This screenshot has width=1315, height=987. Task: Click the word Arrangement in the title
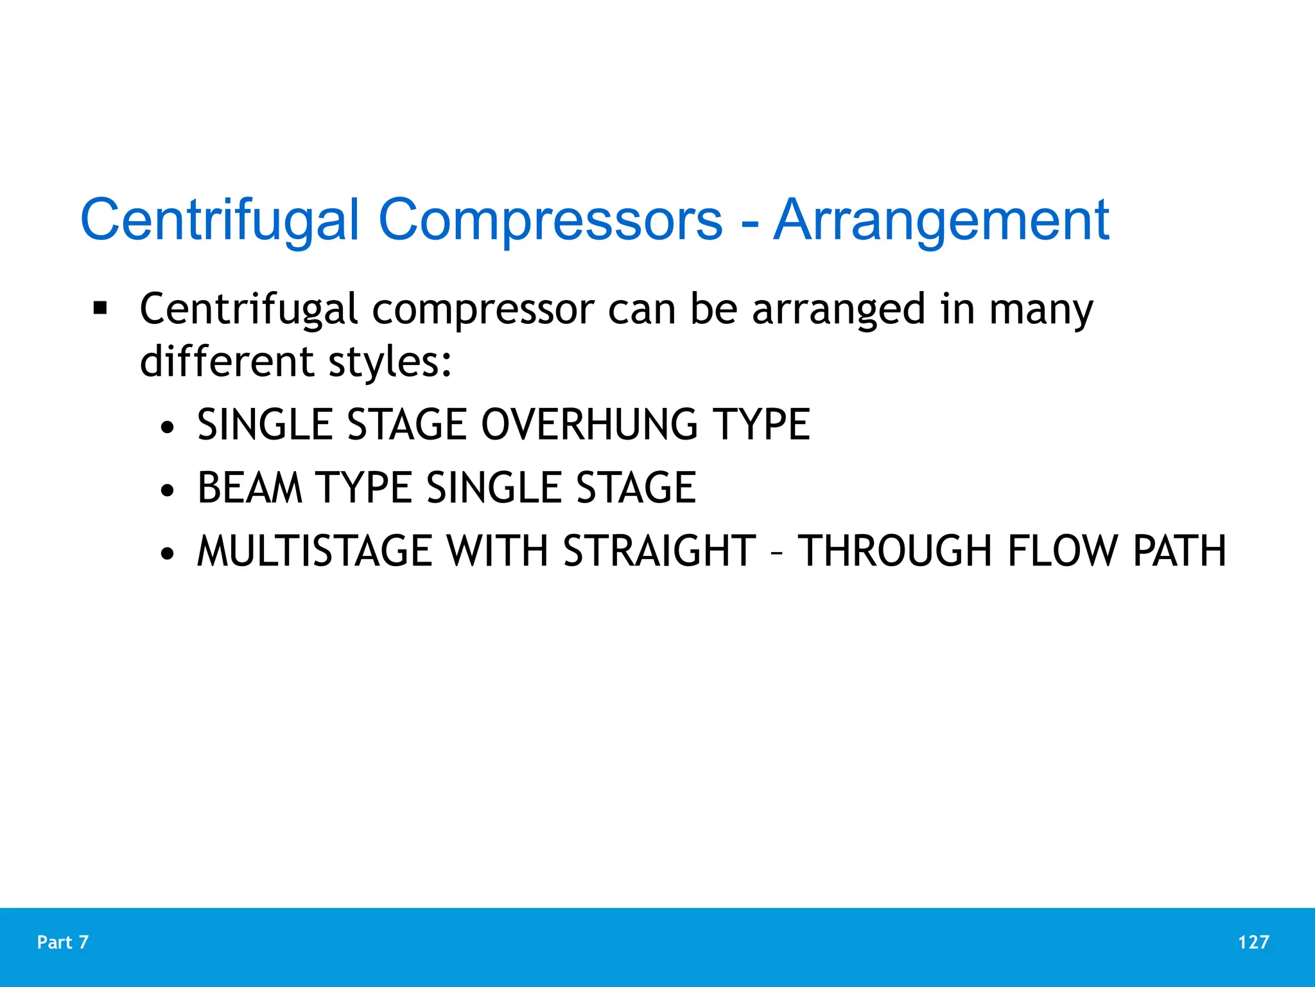[941, 221]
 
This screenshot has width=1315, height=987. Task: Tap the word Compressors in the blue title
[550, 221]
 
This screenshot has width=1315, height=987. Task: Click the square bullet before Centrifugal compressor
[100, 308]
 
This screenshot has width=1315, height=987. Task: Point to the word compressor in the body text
[483, 310]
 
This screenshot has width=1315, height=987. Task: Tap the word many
[1040, 310]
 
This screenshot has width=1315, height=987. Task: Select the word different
[227, 361]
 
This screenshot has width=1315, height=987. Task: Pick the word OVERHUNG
[589, 425]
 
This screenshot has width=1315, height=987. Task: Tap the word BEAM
[250, 488]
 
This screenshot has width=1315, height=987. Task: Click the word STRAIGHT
[659, 551]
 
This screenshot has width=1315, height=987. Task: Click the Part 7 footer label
[63, 942]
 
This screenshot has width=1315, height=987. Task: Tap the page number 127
[1253, 942]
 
